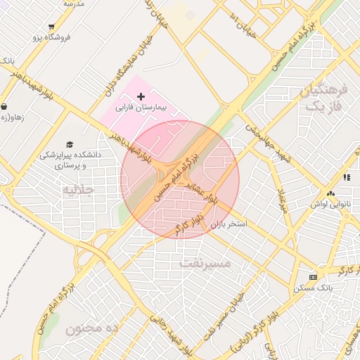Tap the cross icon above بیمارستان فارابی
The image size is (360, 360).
[141, 96]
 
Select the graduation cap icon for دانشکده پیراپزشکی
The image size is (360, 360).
[69, 144]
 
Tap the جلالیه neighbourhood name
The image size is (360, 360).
[78, 190]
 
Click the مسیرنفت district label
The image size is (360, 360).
[205, 264]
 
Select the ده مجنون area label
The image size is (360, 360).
[94, 328]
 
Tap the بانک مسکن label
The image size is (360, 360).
[315, 288]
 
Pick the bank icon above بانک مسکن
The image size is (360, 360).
[313, 277]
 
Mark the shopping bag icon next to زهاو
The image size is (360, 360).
[4, 107]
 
